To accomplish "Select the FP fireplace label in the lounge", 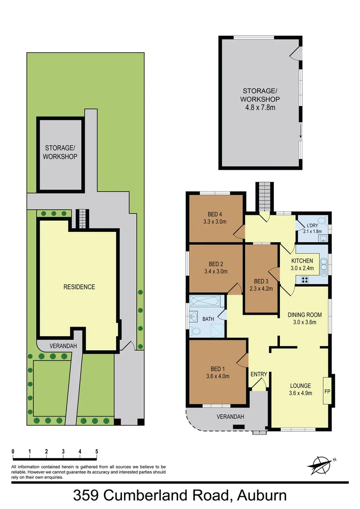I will click(x=327, y=391).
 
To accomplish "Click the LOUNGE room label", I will click(x=300, y=386).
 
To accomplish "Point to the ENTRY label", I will click(x=259, y=374).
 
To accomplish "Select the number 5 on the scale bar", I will click(x=97, y=452).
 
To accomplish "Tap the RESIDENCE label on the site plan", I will click(x=79, y=287).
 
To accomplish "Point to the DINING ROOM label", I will click(x=305, y=315).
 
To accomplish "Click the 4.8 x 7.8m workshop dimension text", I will click(x=260, y=107).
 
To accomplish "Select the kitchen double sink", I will click(x=323, y=266).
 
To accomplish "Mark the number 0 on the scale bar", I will click(x=13, y=452).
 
